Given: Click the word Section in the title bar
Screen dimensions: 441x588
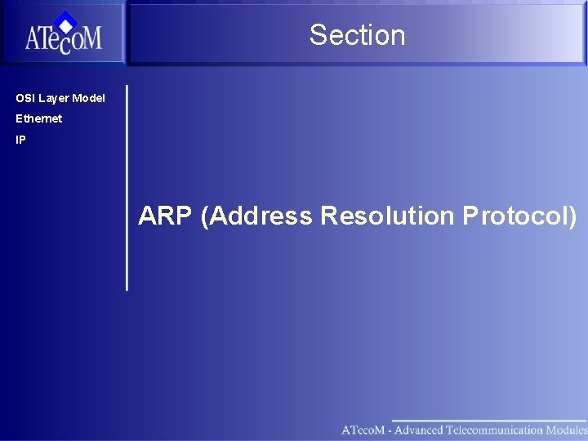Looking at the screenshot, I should point(357,35).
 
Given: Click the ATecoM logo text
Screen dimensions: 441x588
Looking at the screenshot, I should point(63,39).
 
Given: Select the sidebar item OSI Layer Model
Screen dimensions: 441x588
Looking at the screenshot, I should point(60,98).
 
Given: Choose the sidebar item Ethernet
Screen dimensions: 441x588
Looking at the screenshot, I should point(38,118).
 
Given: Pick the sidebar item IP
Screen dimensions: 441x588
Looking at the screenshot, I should point(20,140).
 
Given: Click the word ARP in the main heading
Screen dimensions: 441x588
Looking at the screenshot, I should point(167,216).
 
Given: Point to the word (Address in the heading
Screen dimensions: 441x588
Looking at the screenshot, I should point(257,216).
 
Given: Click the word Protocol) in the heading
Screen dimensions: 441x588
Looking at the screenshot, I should point(519,216).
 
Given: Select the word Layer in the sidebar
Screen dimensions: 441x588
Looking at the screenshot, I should point(54,98).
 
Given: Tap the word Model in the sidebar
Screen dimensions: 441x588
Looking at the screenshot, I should point(88,98).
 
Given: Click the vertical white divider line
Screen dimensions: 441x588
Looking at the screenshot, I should point(127,188).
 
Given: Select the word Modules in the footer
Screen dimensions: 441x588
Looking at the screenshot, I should point(567,430).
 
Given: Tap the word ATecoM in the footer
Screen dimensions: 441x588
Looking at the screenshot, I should point(363,430).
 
